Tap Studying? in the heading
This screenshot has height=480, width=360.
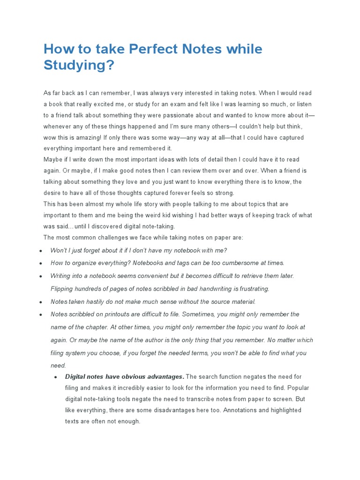[x=79, y=65]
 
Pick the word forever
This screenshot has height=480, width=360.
[x=176, y=193]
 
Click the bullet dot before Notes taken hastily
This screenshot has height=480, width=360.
[x=41, y=302]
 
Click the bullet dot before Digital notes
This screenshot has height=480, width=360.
[x=56, y=377]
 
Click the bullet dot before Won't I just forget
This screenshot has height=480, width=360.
[x=41, y=251]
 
